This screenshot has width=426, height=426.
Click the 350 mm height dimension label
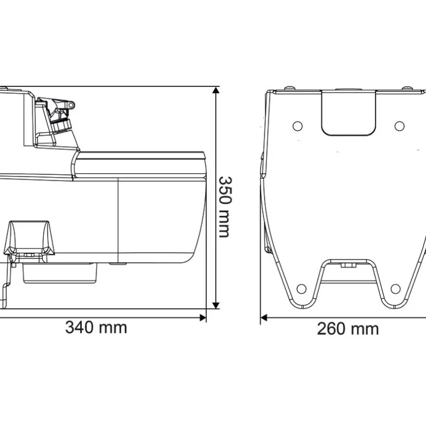(225, 207)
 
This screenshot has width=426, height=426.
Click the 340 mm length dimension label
(96, 328)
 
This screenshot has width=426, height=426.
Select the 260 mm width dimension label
(348, 329)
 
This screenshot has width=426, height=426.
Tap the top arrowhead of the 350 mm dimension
(216, 90)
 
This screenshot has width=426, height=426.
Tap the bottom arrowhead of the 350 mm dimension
(216, 305)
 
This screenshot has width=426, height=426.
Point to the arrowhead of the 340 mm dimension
(202, 318)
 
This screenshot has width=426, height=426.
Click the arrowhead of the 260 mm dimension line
(263, 318)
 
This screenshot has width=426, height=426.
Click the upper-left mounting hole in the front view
(298, 126)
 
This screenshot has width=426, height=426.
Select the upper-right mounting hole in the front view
(399, 126)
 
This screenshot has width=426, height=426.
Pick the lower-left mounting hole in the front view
(302, 289)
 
